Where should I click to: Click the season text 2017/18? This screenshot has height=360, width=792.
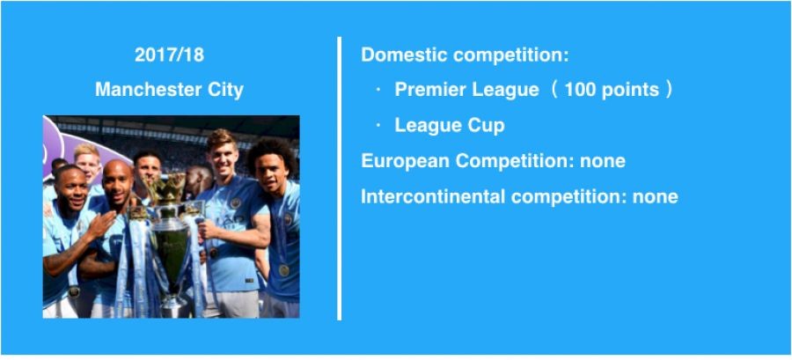tap(169, 55)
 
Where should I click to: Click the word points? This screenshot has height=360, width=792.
tap(630, 91)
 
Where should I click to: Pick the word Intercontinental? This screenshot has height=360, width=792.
tap(433, 196)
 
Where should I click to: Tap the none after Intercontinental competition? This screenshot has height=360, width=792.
tap(655, 197)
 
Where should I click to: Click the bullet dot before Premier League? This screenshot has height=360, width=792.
tap(378, 90)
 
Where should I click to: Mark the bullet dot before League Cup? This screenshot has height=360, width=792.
tap(378, 126)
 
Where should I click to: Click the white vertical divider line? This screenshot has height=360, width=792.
tap(340, 178)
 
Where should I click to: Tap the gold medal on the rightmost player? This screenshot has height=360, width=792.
tap(284, 270)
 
